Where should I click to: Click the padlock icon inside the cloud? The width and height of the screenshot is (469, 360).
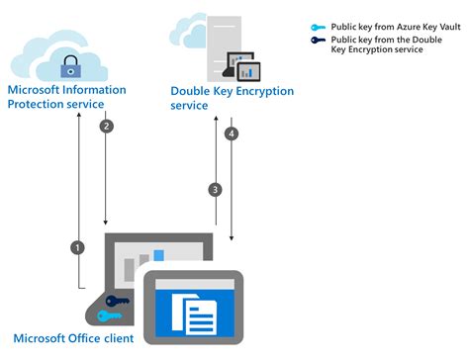pyautogui.click(x=70, y=66)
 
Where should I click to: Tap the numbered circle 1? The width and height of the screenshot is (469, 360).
pyautogui.click(x=77, y=246)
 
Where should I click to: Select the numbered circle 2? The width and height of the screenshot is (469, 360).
pyautogui.click(x=108, y=127)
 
